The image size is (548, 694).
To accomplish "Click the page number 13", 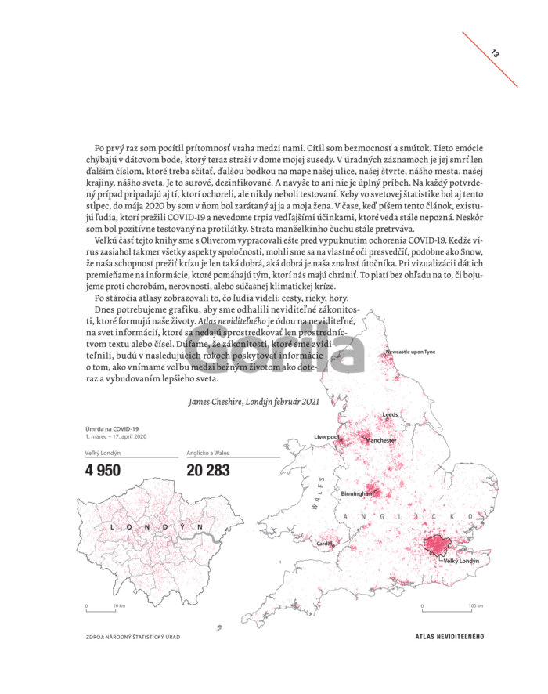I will [x=496, y=53].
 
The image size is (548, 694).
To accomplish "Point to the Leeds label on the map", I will [x=390, y=414].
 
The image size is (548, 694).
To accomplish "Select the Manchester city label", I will [x=381, y=440].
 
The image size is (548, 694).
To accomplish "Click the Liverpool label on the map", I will [x=326, y=436].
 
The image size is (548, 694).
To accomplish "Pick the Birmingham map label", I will [x=356, y=493].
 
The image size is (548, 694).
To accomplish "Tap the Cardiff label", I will [x=324, y=543].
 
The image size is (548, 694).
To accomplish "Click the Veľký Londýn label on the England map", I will [x=461, y=562].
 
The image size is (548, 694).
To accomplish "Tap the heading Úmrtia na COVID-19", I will [x=113, y=428].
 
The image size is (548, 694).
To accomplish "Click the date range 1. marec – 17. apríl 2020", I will [x=117, y=436].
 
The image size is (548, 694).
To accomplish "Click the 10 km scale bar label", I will [x=119, y=605].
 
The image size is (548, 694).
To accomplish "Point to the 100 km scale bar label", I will [x=476, y=605].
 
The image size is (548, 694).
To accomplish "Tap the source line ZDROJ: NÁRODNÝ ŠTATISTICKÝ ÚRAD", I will [x=134, y=636].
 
